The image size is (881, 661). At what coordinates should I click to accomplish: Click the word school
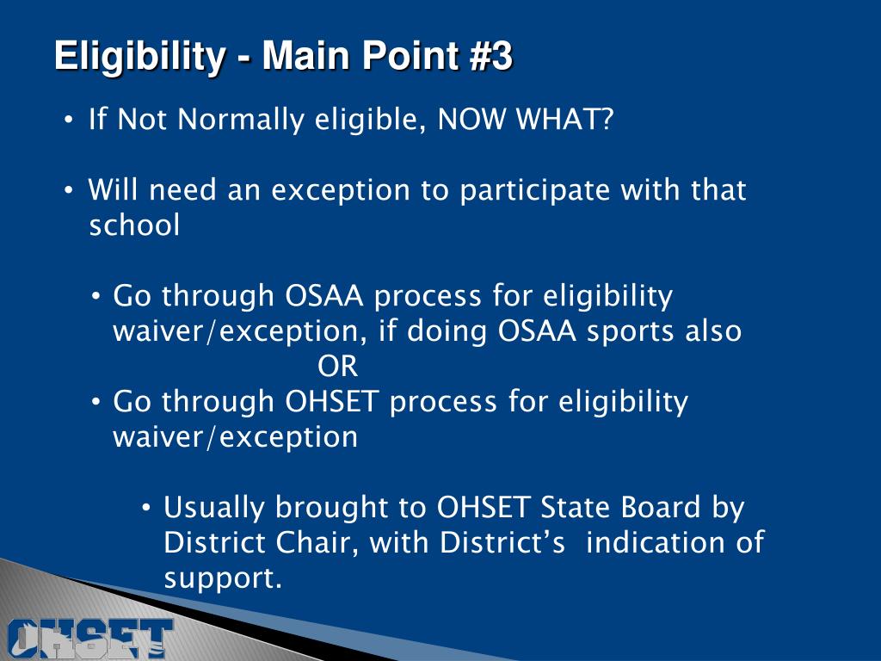click(134, 225)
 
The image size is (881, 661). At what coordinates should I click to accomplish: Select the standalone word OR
click(337, 367)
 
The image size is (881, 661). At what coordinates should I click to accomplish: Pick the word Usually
click(215, 508)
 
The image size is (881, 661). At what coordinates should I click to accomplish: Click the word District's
click(502, 543)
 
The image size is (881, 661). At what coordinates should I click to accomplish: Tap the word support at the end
click(223, 579)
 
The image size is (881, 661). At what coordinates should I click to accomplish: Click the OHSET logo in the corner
click(86, 637)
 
